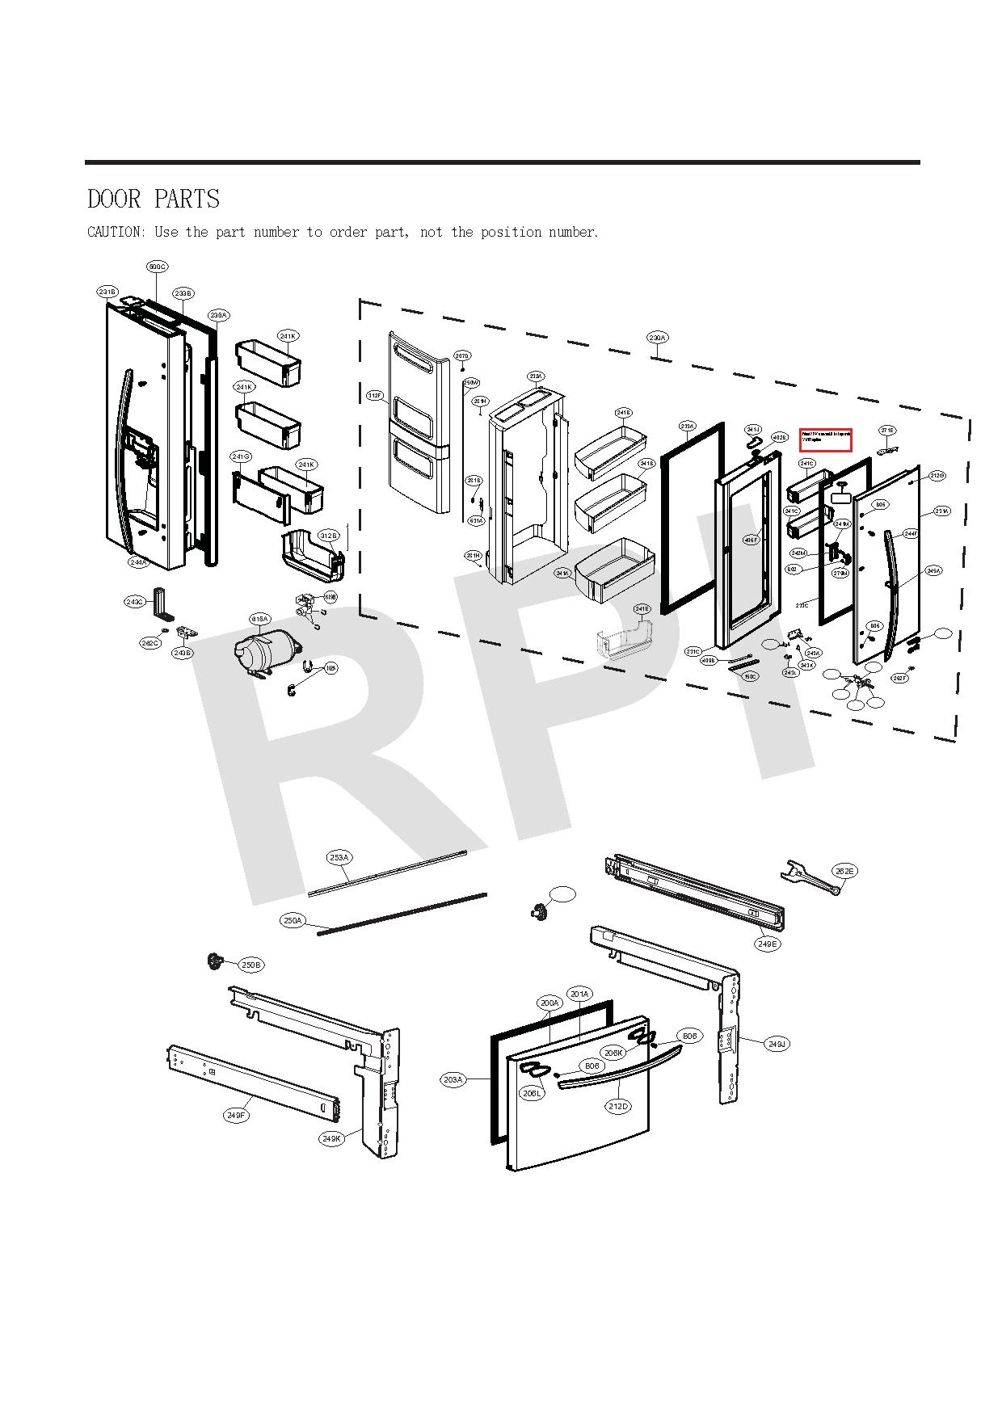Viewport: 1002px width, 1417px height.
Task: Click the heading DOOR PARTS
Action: click(154, 199)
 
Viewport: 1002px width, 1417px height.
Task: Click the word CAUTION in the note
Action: click(113, 233)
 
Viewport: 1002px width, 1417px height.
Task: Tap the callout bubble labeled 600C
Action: click(158, 267)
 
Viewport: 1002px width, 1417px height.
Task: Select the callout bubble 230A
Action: click(658, 337)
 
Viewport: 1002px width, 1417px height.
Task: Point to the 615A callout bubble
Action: click(259, 620)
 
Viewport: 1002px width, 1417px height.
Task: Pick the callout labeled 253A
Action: click(339, 857)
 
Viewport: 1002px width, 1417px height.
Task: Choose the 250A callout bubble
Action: click(293, 920)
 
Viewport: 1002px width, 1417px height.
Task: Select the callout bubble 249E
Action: click(768, 944)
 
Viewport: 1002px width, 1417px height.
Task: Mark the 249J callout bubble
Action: click(777, 1044)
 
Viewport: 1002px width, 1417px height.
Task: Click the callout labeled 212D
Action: click(618, 1106)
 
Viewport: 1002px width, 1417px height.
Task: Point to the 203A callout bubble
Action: click(453, 1079)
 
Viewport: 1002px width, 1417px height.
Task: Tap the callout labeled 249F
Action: click(236, 1116)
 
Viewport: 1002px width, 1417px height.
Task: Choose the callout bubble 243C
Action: click(136, 602)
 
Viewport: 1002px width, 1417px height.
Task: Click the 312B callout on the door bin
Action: click(329, 536)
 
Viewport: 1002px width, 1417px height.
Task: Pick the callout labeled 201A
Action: click(579, 994)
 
